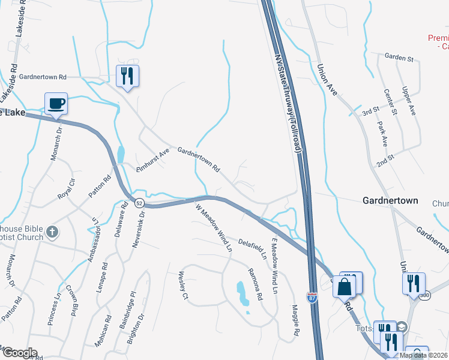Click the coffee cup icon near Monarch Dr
(56, 103)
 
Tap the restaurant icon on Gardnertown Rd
(127, 76)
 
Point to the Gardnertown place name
(390, 200)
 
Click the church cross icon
(52, 232)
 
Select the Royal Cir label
(66, 188)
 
